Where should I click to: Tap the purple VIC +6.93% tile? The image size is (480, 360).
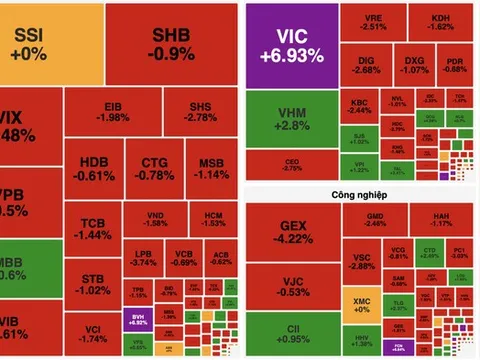click(290, 45)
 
